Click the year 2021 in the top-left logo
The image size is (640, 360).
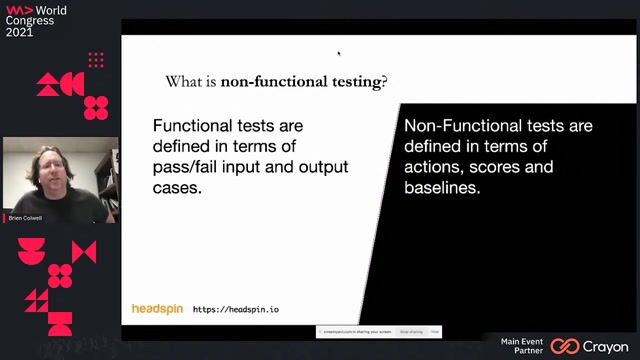[x=19, y=32]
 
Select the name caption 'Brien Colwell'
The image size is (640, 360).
[x=25, y=217]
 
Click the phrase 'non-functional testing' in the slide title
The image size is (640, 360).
[x=301, y=82]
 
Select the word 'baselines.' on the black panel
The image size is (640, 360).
[x=442, y=187]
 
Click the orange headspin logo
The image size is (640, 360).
[x=157, y=309]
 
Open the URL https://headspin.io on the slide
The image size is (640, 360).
[x=235, y=310]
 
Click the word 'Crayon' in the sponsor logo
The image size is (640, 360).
[x=607, y=346]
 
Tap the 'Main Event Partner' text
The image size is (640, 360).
[x=522, y=346]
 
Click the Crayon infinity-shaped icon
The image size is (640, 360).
[x=565, y=346]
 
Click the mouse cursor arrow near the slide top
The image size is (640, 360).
[x=339, y=53]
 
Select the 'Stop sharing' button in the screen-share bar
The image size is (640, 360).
[x=410, y=331]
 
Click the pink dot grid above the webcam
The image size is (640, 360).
[x=96, y=60]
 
